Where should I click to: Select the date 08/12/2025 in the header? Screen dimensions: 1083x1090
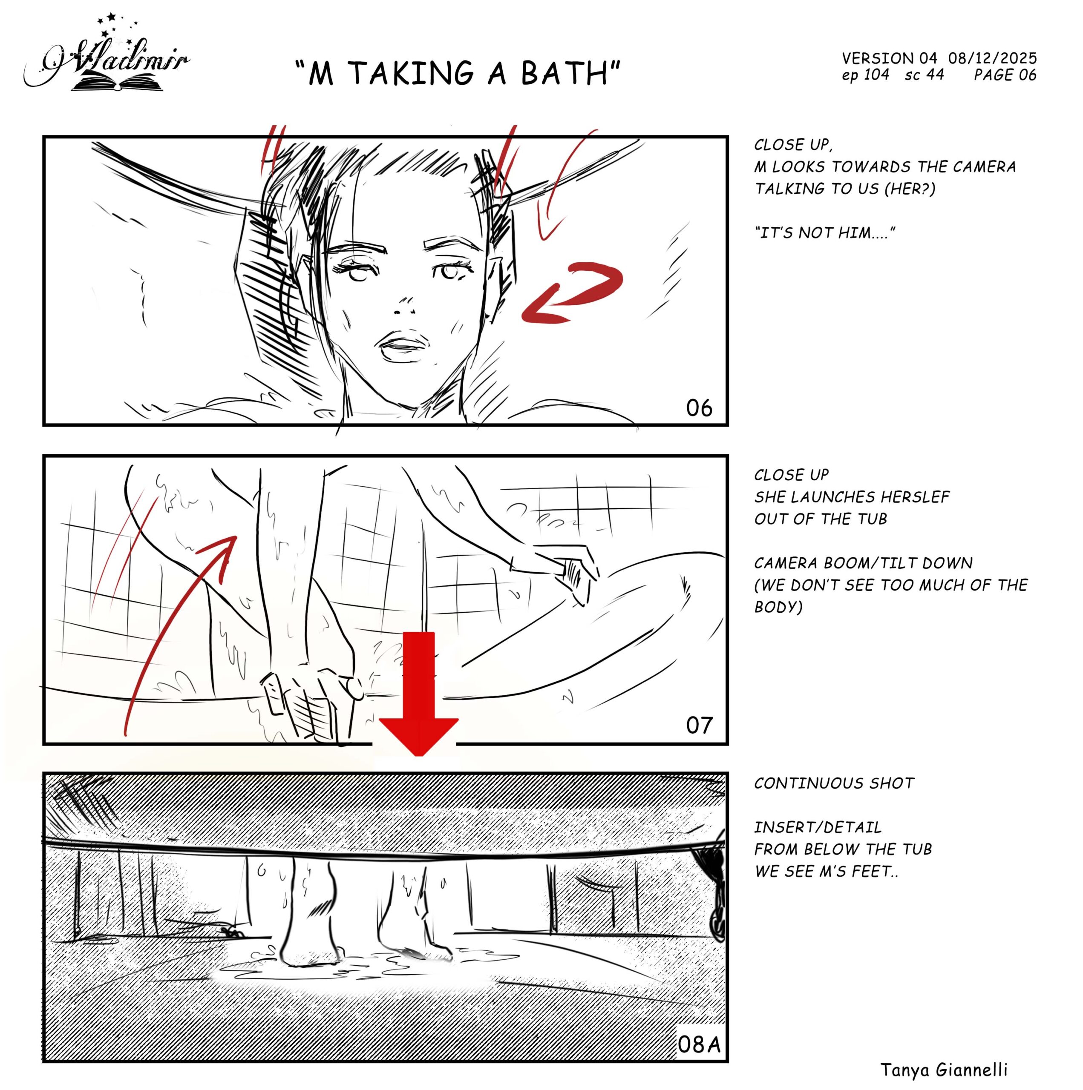(x=992, y=58)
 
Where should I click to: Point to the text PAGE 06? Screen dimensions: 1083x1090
(x=1005, y=75)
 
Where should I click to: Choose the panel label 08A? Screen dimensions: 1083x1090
(x=699, y=1044)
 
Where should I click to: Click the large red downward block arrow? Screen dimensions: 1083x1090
(x=418, y=693)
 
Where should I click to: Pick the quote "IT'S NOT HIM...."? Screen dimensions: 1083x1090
(x=825, y=233)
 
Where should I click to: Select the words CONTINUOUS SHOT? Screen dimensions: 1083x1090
(x=834, y=783)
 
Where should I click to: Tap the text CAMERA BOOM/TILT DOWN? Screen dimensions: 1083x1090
(x=863, y=563)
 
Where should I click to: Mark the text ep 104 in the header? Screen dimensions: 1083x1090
(x=865, y=75)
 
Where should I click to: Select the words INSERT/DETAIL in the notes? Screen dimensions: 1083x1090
(x=818, y=827)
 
